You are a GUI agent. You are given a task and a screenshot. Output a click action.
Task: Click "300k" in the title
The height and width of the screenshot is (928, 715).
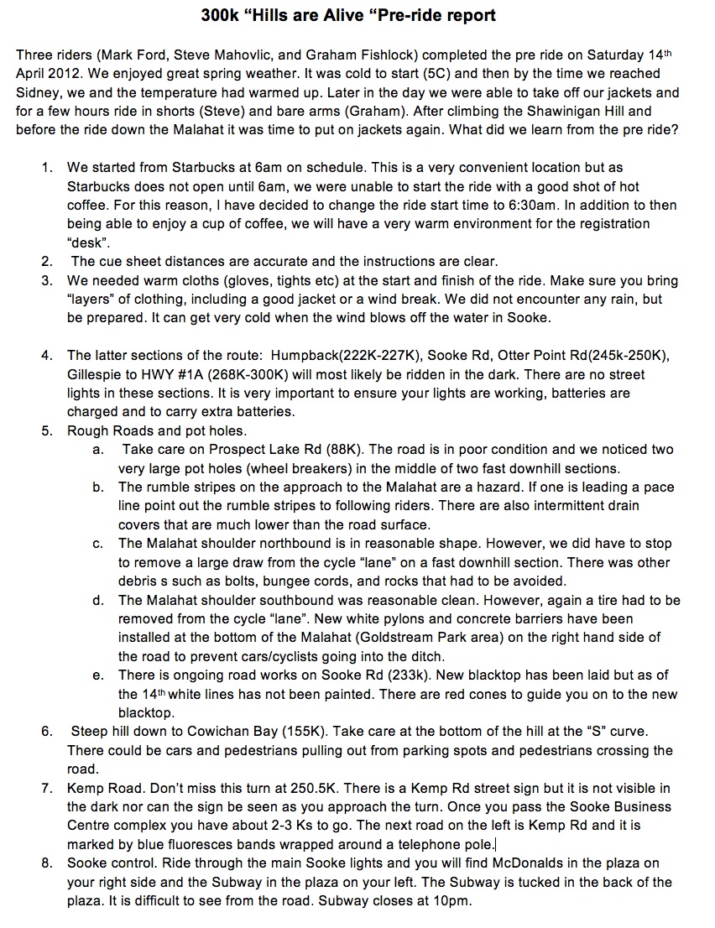pos(221,15)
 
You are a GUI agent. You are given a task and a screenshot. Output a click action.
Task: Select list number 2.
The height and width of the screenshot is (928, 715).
pos(47,262)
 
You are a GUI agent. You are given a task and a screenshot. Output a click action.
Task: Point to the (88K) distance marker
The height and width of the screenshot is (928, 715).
pos(348,450)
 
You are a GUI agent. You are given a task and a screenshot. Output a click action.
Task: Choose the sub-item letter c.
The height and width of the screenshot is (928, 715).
pos(98,544)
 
